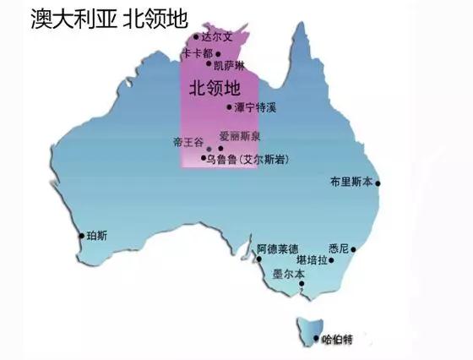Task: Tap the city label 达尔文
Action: coord(215,36)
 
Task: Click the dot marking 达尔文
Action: coord(196,37)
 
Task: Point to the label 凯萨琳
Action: coord(228,64)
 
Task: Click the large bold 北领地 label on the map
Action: coord(212,86)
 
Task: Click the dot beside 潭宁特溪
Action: coord(229,107)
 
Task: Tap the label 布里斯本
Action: coord(351,182)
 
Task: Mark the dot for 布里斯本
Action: coord(378,183)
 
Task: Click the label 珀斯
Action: coord(97,236)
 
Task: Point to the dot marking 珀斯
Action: coord(81,236)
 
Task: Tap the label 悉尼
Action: coord(340,249)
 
